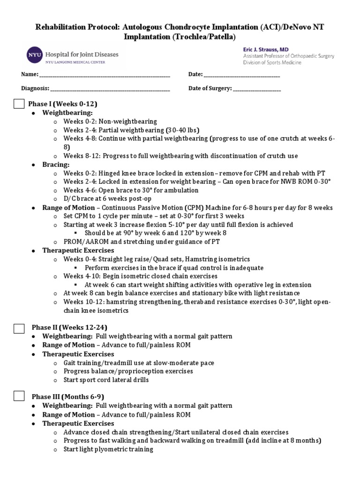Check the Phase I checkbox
19,104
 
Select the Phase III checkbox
19,397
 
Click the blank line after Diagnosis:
110,89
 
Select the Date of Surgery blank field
256,89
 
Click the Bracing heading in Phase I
56,165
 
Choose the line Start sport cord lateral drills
106,380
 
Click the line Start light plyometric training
108,449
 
